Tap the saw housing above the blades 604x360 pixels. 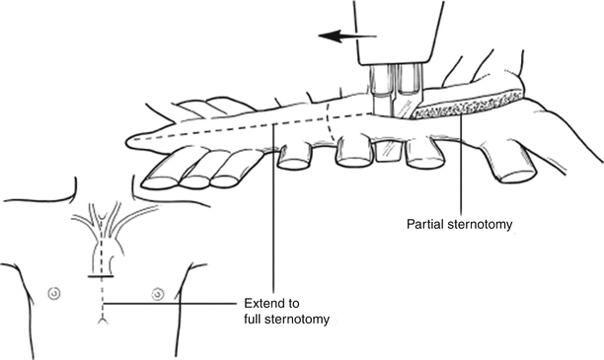pos(395,35)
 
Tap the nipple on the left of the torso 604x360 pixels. pos(54,293)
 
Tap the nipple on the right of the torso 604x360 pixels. pos(156,293)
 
